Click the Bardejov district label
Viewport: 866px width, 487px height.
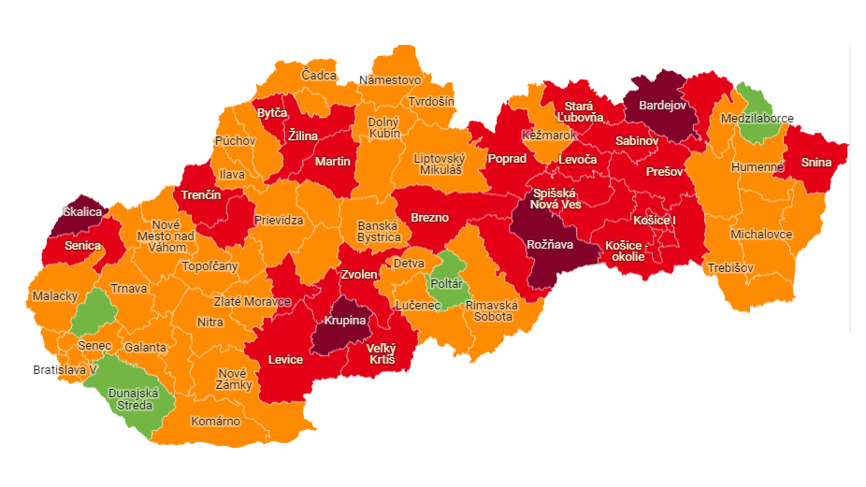[x=662, y=106]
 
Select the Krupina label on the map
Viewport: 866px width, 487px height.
[x=344, y=321]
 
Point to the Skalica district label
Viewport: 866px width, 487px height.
[x=81, y=212]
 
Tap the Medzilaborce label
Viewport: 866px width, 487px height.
[x=757, y=119]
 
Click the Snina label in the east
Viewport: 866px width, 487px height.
[x=815, y=162]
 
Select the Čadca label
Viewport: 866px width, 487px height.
[x=319, y=75]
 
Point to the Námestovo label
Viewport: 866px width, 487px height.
[x=390, y=79]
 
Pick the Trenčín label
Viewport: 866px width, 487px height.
[x=201, y=195]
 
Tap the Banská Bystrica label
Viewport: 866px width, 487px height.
[x=379, y=231]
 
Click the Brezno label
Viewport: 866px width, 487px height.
[x=429, y=217]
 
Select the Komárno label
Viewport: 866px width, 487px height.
[x=215, y=421]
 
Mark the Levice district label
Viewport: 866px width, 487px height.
[x=285, y=359]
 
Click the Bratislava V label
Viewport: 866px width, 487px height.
[x=65, y=369]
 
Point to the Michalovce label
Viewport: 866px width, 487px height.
[x=761, y=234]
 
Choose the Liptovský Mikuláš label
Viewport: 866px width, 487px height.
[x=440, y=164]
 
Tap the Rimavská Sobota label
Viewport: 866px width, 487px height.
[x=489, y=310]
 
